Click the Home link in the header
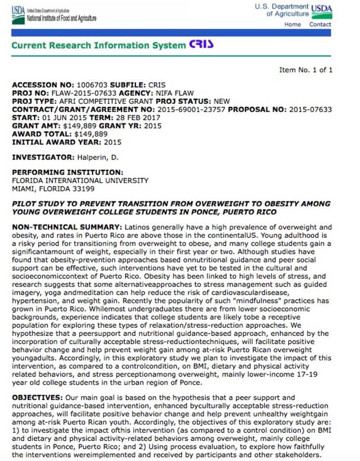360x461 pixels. coord(292,24)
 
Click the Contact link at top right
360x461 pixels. coord(320,24)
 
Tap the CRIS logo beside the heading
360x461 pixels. coord(201,45)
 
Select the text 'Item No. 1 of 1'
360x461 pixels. coord(306,70)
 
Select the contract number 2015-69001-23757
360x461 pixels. coord(191,109)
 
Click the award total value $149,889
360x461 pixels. coord(91,134)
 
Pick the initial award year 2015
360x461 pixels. coord(112,142)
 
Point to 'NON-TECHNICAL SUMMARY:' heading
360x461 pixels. coord(67,227)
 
